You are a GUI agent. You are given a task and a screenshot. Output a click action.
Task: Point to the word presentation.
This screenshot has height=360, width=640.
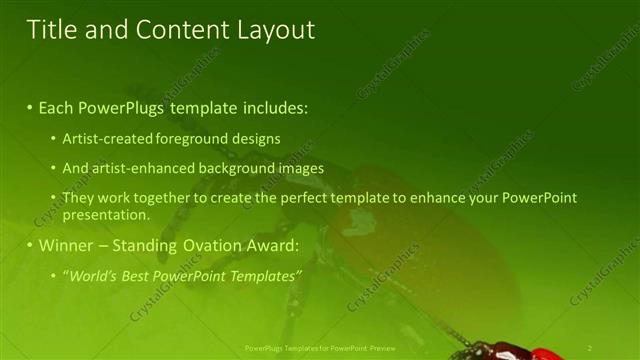click(x=105, y=214)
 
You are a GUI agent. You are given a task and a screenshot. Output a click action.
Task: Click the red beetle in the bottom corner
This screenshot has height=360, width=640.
click(x=520, y=350)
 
